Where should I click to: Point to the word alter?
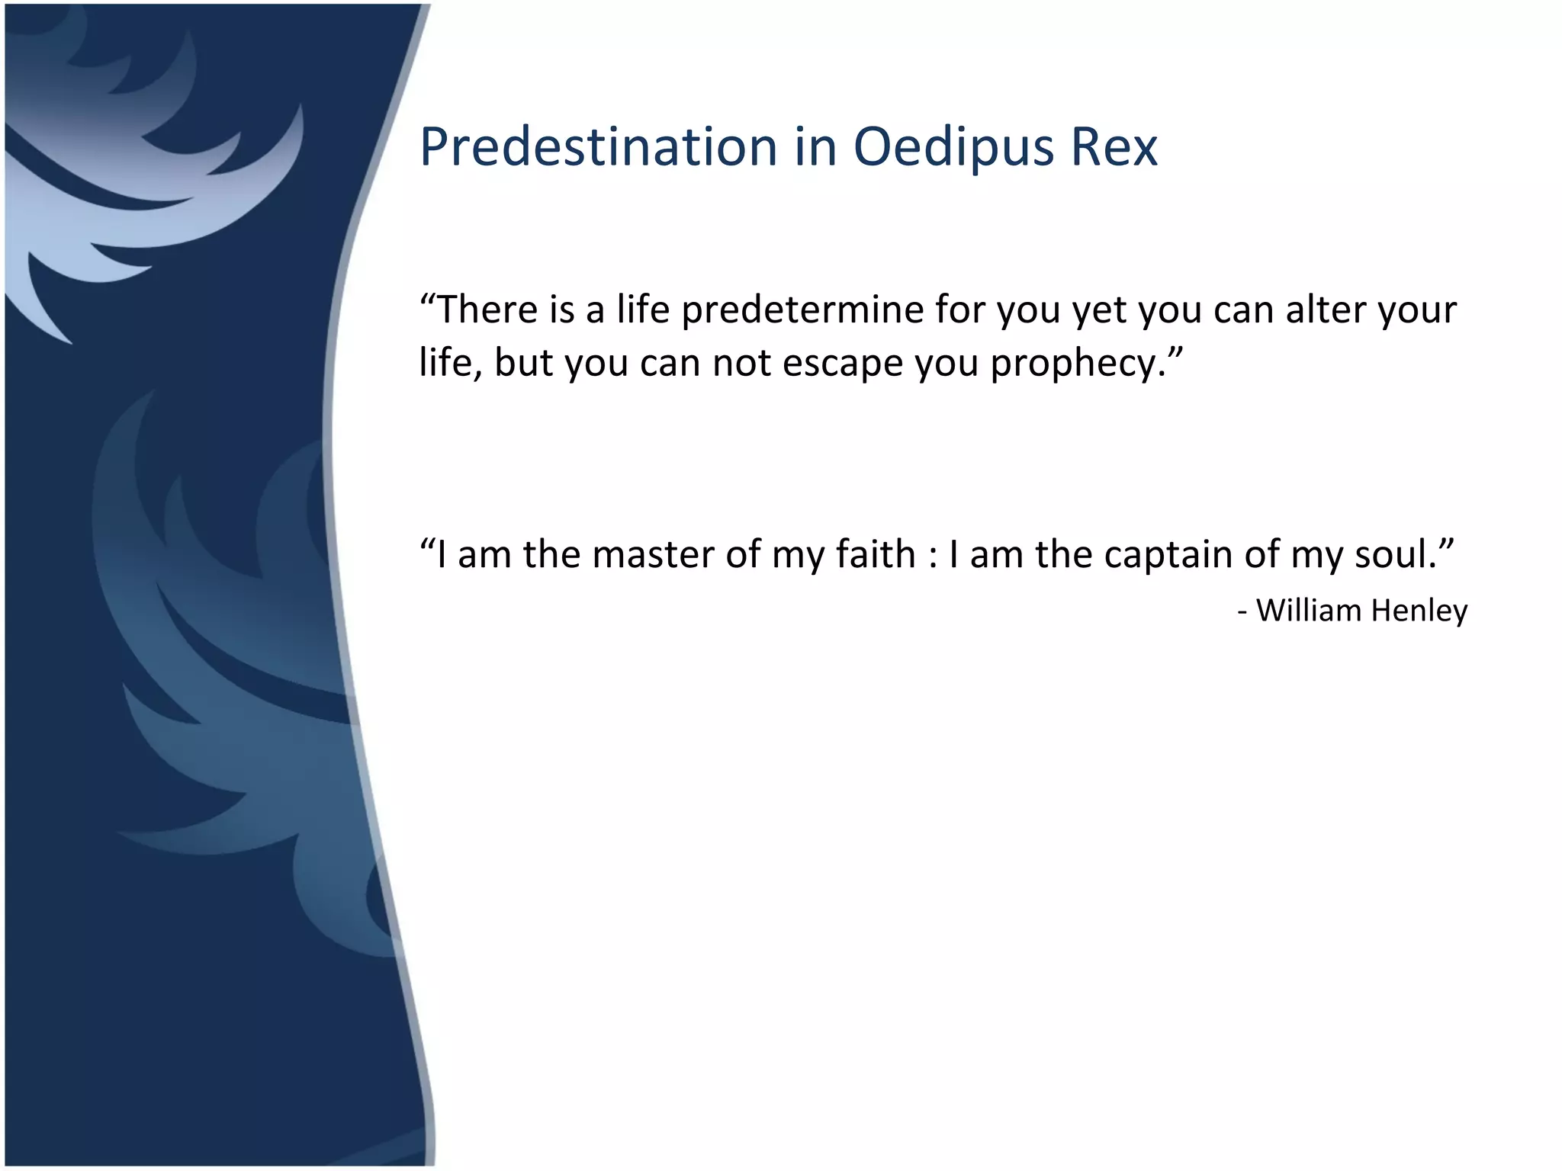click(1326, 309)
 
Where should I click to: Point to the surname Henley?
click(1419, 611)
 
